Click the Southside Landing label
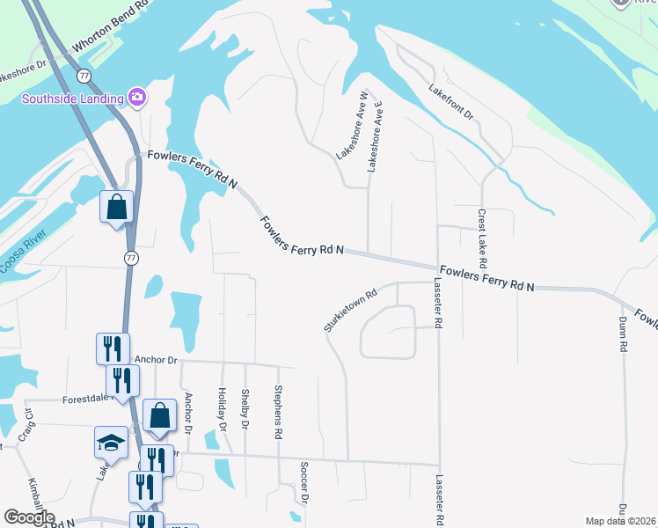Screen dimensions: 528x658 (72, 98)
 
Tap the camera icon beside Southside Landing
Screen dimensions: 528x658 (136, 96)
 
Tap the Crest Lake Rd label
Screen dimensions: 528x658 (482, 238)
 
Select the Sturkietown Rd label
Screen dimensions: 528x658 (349, 309)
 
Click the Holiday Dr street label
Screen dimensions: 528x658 (223, 409)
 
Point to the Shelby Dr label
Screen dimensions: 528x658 (245, 409)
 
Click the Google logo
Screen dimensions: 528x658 (29, 517)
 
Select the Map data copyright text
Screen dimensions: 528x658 (621, 521)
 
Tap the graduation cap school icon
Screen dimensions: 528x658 (112, 441)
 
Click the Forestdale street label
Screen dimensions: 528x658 (85, 399)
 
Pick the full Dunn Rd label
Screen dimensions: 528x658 (622, 334)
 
